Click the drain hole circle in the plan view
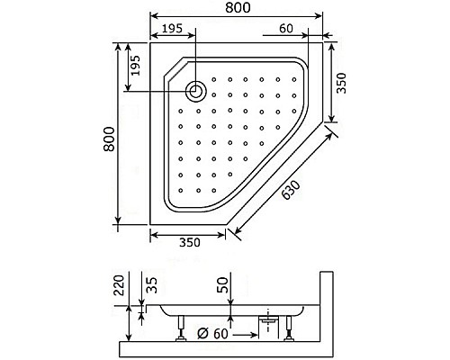tap(195, 89)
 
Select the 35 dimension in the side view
tap(152, 287)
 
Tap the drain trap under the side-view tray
tap(267, 319)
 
